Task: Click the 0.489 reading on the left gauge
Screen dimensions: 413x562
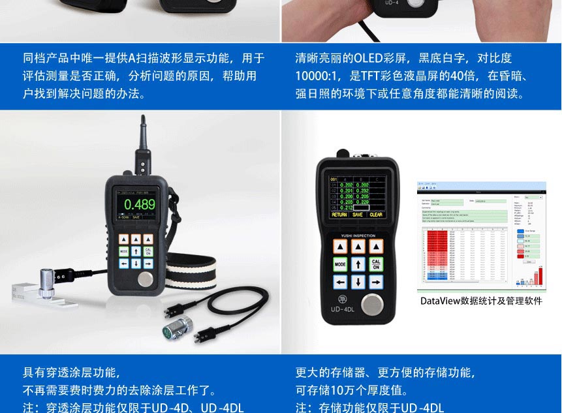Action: (x=139, y=204)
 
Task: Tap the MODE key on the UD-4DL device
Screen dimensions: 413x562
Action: (x=339, y=264)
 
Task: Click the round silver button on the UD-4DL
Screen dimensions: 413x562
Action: (x=373, y=305)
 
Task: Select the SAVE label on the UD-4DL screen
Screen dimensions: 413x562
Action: (x=357, y=214)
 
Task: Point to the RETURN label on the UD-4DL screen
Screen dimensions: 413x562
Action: (x=339, y=214)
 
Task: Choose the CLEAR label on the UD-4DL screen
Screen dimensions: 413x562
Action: (x=376, y=214)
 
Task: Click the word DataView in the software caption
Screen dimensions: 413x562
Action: (x=440, y=301)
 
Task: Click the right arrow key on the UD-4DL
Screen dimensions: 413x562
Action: (x=376, y=283)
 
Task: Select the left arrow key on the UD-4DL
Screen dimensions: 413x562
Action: (x=339, y=283)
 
